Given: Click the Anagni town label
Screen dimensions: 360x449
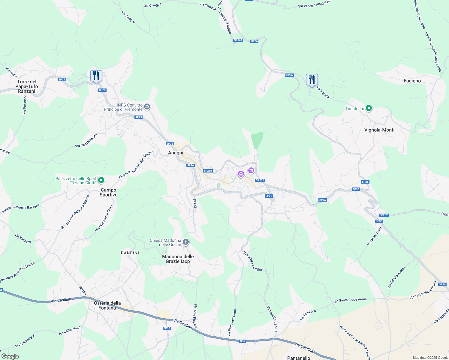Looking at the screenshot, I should tap(176, 153).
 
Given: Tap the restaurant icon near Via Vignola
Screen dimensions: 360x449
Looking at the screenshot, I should tap(312, 80).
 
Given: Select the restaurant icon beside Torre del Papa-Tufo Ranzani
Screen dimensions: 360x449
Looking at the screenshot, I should tap(96, 76).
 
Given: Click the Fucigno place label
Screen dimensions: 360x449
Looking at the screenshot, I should tap(412, 81).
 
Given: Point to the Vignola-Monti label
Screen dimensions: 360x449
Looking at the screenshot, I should tap(379, 130).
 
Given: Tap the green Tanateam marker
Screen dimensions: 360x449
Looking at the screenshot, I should tap(369, 109).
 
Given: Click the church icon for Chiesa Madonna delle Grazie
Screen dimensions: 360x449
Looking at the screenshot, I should tap(186, 242).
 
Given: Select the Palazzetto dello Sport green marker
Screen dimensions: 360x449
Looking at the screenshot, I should tap(101, 180).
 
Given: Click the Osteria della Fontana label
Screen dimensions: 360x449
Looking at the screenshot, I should tap(107, 305).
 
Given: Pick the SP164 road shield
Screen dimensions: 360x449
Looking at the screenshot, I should tap(238, 40).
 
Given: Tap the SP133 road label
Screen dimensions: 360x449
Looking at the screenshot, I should tap(195, 203).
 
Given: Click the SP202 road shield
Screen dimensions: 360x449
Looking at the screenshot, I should tap(384, 215).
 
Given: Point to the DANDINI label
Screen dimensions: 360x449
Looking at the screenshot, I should tap(130, 253).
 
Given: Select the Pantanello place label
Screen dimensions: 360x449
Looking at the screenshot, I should tap(299, 358).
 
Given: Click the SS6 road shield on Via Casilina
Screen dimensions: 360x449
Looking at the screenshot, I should tap(243, 341).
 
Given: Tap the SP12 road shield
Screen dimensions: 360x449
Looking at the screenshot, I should tap(167, 328).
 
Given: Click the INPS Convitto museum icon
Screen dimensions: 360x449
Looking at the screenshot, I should tap(147, 106).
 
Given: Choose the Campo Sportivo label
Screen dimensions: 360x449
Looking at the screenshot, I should tap(109, 192).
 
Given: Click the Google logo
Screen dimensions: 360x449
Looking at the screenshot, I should tap(10, 356).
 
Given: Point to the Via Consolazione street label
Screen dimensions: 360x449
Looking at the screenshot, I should tap(86, 141).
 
